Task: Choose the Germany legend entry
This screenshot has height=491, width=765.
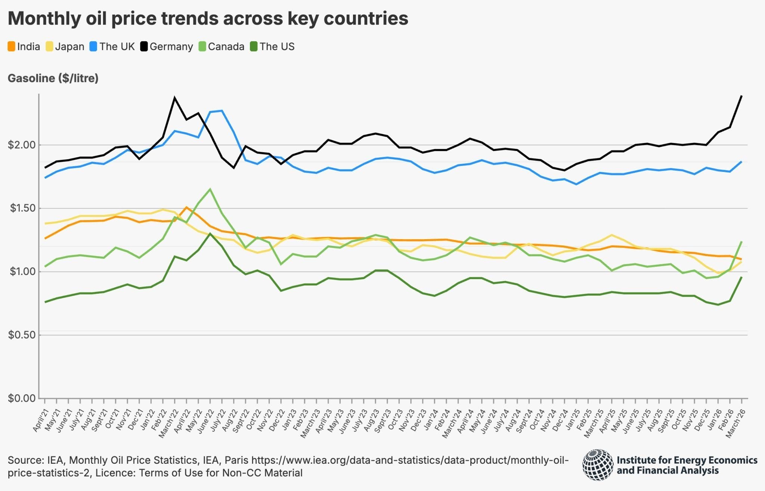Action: [x=167, y=47]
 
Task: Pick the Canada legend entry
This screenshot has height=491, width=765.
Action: [x=222, y=47]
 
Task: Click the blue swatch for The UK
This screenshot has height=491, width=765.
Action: [x=93, y=47]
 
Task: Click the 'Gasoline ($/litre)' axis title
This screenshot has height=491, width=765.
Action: [x=53, y=78]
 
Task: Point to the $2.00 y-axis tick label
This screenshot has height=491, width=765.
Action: [x=22, y=145]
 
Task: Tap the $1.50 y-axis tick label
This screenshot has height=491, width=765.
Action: [x=22, y=208]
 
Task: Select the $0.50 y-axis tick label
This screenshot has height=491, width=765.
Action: [x=22, y=335]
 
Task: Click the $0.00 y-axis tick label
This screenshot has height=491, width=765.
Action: [x=22, y=398]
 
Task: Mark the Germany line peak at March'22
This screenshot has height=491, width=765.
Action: [x=174, y=98]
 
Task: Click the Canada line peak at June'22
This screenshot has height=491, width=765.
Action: [x=210, y=189]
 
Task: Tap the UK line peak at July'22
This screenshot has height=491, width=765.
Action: [x=222, y=111]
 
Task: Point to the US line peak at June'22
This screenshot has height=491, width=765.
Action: [x=210, y=234]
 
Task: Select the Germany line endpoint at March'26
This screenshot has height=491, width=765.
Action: [x=741, y=96]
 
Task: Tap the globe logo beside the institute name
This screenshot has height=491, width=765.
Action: [x=597, y=464]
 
